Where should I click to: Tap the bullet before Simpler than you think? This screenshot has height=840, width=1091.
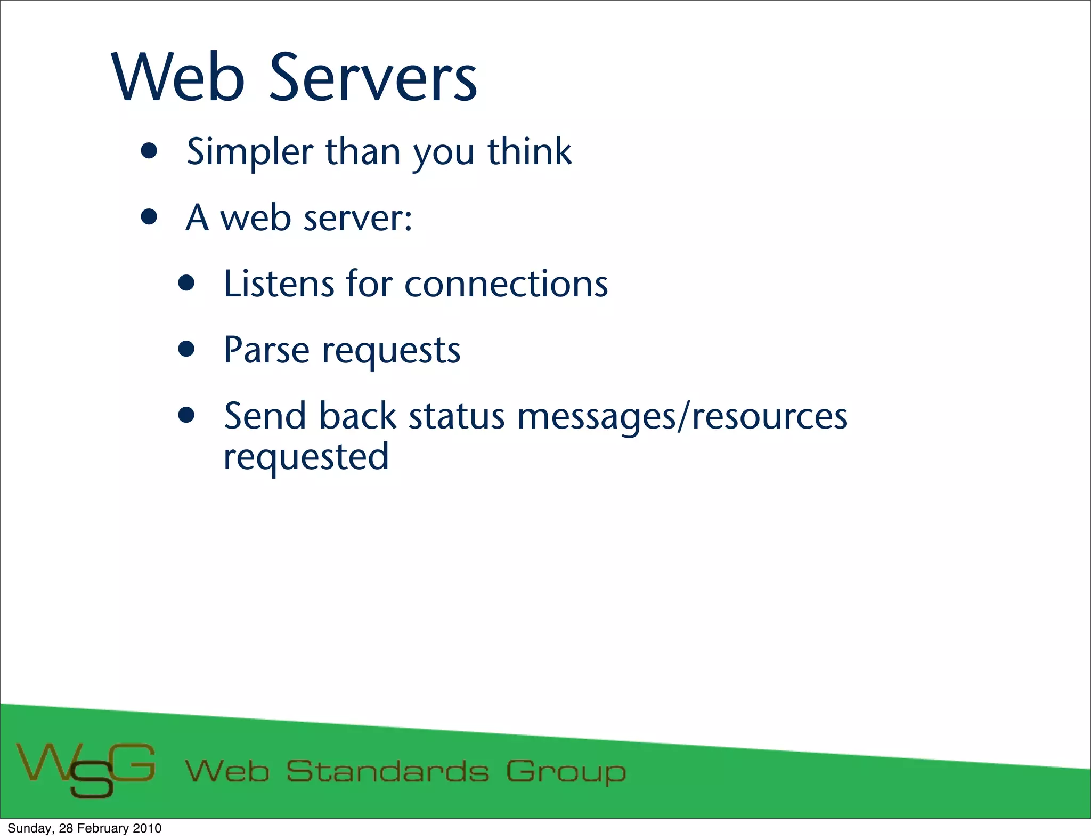tap(150, 151)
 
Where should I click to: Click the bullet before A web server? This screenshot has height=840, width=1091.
tap(150, 217)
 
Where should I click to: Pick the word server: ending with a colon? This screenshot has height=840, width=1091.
tap(357, 219)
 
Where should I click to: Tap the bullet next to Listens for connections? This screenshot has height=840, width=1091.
tap(186, 284)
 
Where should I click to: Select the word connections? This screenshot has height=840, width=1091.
tap(506, 284)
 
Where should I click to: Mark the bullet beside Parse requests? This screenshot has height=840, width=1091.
tap(186, 350)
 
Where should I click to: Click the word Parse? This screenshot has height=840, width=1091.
tap(266, 350)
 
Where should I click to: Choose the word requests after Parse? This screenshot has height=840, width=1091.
tap(391, 352)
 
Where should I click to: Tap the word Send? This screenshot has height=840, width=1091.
tap(265, 416)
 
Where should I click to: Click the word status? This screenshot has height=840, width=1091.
tap(457, 416)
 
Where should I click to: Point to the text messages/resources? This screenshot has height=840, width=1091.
tap(682, 417)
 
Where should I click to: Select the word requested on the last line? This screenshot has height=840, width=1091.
tap(306, 457)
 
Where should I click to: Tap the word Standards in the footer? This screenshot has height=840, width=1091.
tap(387, 772)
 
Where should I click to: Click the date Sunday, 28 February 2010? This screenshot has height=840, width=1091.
tap(84, 828)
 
